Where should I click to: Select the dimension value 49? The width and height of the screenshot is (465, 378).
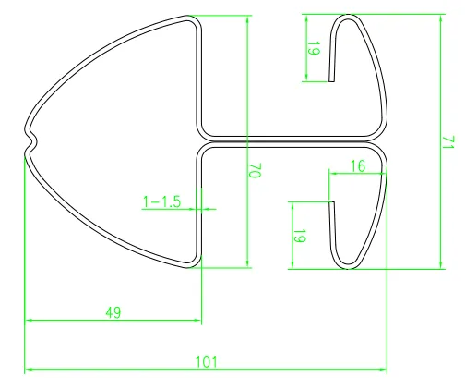click(x=113, y=312)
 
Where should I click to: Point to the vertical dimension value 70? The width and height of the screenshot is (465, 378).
click(x=256, y=172)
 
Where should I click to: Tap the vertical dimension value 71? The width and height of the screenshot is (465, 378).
click(x=447, y=142)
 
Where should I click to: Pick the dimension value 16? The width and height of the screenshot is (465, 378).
click(x=358, y=165)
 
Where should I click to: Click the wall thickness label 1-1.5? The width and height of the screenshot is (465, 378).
click(x=161, y=200)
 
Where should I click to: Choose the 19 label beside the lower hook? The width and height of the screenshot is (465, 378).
click(x=299, y=236)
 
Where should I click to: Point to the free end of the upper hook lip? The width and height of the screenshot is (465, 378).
click(x=332, y=80)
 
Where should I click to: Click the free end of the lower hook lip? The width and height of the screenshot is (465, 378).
click(x=331, y=202)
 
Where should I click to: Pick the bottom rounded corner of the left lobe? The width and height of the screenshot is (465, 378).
click(x=193, y=262)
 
